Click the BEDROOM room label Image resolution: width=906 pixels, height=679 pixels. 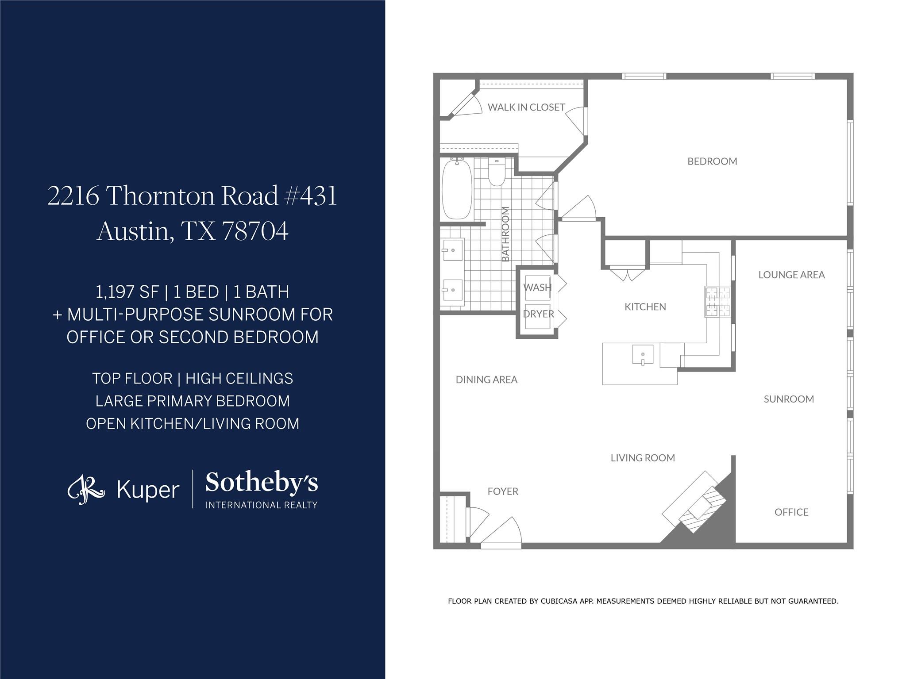pos(712,161)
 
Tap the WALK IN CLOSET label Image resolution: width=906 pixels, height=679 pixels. pos(526,107)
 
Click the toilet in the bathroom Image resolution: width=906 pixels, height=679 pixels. pos(496,174)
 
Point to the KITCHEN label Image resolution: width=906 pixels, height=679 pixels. pos(645,307)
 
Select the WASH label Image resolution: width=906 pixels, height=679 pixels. pos(537,288)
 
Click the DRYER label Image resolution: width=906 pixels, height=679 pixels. pos(538,314)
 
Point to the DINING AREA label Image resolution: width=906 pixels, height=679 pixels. pos(486,380)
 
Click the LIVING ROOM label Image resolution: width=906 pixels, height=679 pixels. pos(642,458)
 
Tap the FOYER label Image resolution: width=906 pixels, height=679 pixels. pos(502,491)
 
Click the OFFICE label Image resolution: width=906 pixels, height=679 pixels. pos(791,512)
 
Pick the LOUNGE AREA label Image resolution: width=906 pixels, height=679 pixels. pos(791,275)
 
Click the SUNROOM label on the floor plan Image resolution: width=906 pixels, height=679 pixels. pos(788,399)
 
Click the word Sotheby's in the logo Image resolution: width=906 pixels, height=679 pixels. pos(262,483)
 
